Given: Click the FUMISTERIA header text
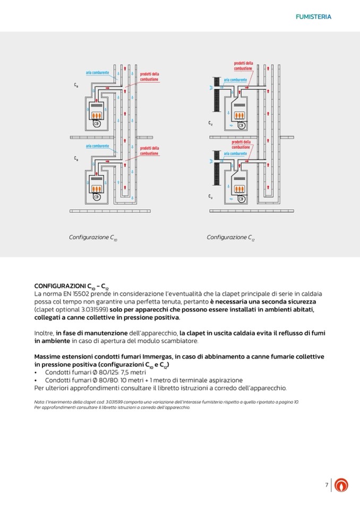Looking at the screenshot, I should click(x=313, y=17).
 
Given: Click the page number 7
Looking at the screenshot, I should click(x=327, y=485).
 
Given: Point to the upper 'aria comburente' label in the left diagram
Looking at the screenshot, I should click(x=98, y=72).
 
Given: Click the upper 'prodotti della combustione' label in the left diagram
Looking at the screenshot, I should click(x=149, y=76).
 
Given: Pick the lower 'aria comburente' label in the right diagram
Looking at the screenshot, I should click(x=235, y=153).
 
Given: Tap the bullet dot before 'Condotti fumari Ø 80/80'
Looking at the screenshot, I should click(x=36, y=380).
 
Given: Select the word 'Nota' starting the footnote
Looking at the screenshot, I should click(x=38, y=402).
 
